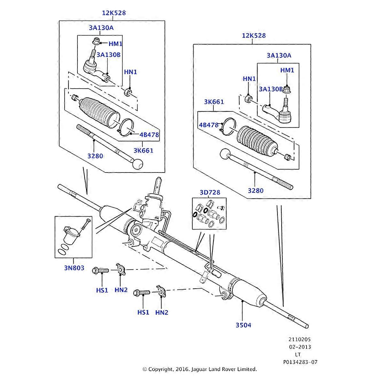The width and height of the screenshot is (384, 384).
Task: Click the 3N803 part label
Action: [73, 268]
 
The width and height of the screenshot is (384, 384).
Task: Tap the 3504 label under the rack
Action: [244, 325]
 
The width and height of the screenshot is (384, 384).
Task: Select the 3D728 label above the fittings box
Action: [210, 192]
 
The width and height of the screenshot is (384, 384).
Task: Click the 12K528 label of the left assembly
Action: [114, 13]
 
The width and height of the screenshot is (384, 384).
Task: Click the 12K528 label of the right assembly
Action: [254, 36]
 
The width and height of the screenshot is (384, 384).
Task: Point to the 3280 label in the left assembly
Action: [95, 156]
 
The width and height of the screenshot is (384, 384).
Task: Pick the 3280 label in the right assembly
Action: [255, 191]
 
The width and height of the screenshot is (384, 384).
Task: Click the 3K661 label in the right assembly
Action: [214, 102]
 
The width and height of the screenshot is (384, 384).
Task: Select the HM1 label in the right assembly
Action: [287, 70]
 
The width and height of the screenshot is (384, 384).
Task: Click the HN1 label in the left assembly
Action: [130, 72]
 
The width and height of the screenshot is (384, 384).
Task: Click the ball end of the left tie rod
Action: [138, 164]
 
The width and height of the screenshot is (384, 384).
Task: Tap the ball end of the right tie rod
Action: [226, 155]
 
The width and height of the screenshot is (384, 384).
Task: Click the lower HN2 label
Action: [162, 313]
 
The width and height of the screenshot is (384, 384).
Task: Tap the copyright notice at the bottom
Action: [199, 369]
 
